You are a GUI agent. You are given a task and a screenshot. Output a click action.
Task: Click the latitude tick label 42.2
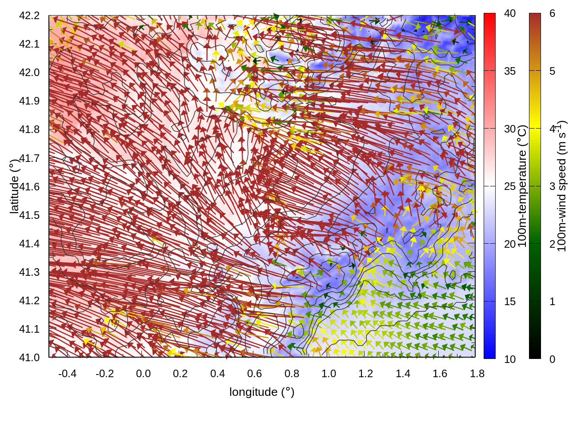[29, 16]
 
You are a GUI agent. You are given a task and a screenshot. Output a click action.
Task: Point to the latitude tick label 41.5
[29, 215]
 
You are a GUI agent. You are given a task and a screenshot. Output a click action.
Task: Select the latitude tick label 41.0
[29, 358]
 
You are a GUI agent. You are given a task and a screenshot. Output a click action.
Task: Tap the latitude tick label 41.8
[29, 130]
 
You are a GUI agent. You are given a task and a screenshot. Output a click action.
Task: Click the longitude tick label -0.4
[67, 374]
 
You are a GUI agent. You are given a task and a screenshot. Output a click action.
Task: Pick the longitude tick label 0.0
[143, 374]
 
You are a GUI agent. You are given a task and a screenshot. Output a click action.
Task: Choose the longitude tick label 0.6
[255, 374]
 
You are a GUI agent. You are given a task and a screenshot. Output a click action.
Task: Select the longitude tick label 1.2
[366, 374]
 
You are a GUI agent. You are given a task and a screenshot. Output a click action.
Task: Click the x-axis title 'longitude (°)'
[262, 392]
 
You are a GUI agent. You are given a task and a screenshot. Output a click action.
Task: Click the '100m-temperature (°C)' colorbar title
[522, 186]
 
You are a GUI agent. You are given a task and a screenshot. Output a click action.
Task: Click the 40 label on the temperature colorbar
[510, 14]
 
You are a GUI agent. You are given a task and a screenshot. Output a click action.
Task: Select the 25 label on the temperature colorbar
[510, 186]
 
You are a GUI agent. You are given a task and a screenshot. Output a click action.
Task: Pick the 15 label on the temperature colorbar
[510, 302]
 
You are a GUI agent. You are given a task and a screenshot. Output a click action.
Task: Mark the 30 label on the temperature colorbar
[510, 129]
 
